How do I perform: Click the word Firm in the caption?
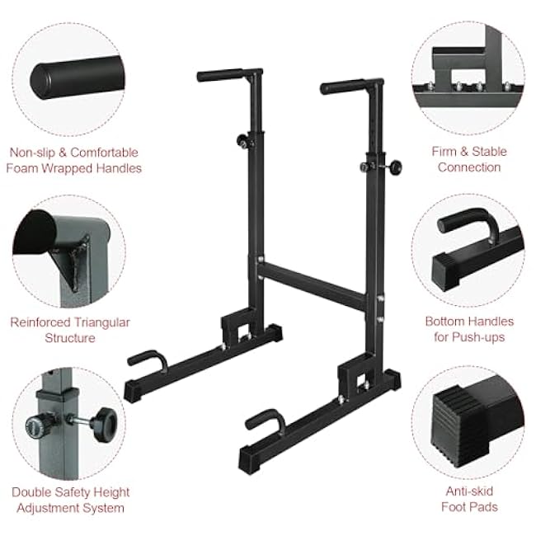[x=444, y=152]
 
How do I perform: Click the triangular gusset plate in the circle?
[x=73, y=260]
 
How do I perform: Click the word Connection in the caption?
[x=469, y=167]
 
